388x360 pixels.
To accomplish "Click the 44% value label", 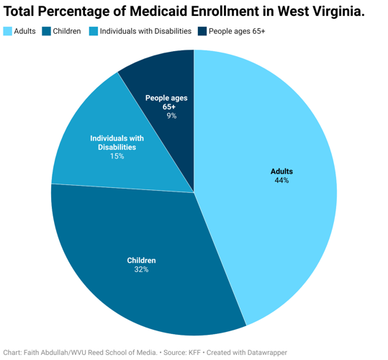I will [281, 181].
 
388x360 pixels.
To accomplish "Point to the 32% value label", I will [141, 270].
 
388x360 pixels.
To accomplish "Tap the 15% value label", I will [117, 156].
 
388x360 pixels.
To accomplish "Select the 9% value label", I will [171, 115].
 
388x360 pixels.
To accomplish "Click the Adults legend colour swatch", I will [8, 31].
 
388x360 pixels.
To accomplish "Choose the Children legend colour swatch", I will [47, 31].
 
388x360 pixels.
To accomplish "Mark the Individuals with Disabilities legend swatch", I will [94, 31].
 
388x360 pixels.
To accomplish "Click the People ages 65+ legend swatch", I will [202, 31].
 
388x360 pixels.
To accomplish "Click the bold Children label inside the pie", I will [141, 260].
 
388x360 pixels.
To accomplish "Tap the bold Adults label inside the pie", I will [281, 171].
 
